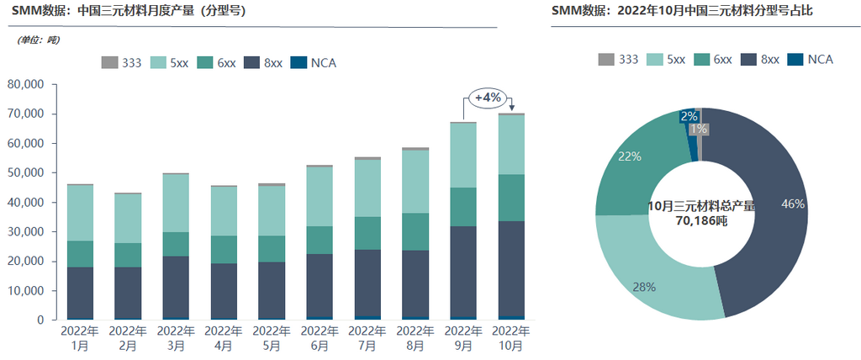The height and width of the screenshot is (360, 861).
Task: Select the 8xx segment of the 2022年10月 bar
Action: click(512, 268)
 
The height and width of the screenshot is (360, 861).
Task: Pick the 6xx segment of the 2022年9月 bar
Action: click(463, 207)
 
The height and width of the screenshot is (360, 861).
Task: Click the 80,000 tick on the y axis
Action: click(30, 85)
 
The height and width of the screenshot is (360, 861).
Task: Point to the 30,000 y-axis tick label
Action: click(30, 232)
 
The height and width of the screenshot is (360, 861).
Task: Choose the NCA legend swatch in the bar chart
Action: click(298, 63)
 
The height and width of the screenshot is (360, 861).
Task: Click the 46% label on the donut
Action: click(792, 204)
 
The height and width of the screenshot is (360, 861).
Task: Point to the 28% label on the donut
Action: click(645, 286)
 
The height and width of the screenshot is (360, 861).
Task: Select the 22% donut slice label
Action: click(630, 156)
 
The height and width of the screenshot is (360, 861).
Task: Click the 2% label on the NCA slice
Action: click(689, 117)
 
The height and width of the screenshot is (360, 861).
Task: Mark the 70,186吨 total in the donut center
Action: click(701, 220)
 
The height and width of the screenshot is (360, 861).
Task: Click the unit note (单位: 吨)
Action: click(39, 40)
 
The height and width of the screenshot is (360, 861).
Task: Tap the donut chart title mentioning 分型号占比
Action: click(682, 11)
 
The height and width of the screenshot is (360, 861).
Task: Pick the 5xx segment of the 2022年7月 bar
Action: click(367, 188)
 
